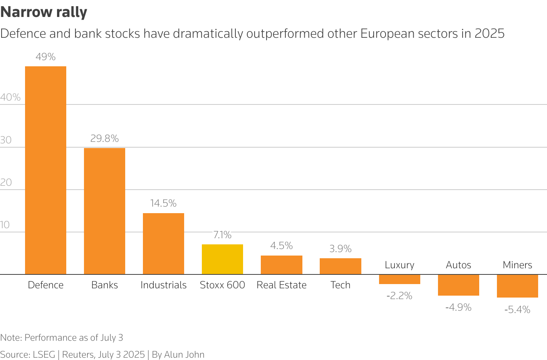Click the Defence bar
point(45,170)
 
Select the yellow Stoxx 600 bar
point(222,259)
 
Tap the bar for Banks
point(104,211)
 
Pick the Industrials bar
point(163,244)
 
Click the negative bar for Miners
point(517,286)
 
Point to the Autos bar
point(458,285)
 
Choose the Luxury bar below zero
point(399,279)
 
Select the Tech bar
point(341,266)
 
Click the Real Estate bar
point(282,265)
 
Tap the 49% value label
point(45,57)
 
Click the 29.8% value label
point(104,138)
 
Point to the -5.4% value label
point(517,310)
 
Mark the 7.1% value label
point(222,235)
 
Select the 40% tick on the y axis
point(10,97)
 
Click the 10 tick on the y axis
point(5,225)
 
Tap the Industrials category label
point(163,285)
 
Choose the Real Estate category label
point(282,285)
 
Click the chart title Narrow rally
point(44,12)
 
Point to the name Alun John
point(184,355)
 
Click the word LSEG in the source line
point(44,355)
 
